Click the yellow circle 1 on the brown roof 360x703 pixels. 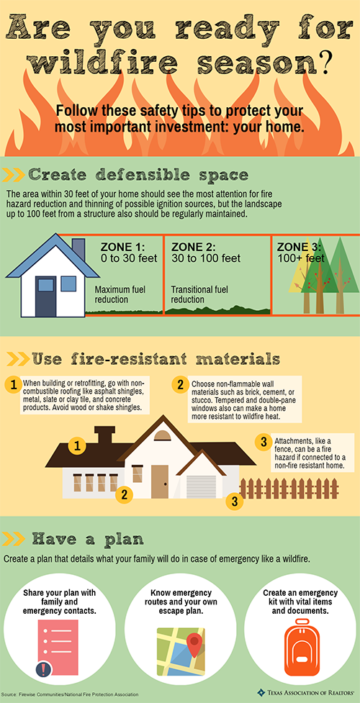pos(76,446)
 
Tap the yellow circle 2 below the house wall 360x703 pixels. pos(125,494)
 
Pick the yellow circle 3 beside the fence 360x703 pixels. pos(233,502)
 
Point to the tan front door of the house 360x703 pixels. pos(159,481)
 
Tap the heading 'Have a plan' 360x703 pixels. pos(84,538)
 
